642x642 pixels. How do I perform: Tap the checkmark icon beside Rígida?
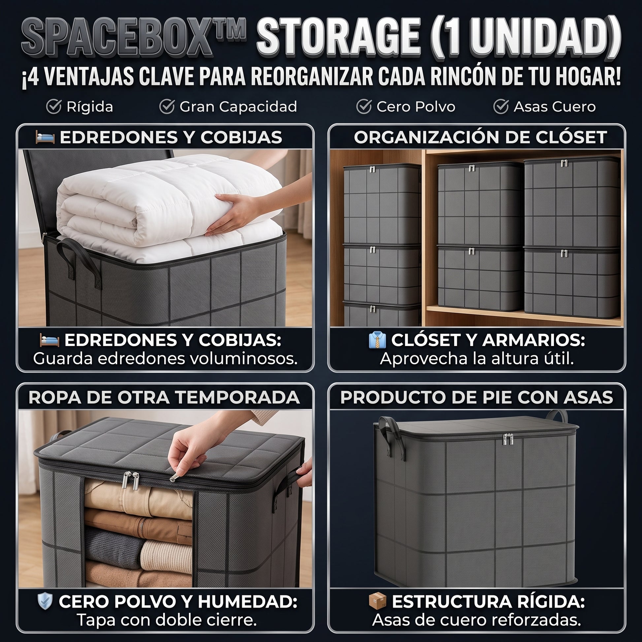click(x=53, y=107)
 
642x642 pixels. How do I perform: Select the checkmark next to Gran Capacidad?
click(x=167, y=107)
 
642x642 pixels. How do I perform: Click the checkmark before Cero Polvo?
click(x=364, y=107)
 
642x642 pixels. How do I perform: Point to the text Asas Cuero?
click(x=555, y=107)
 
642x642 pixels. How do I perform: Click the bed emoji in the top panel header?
click(x=45, y=137)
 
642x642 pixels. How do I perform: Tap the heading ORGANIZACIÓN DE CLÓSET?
click(x=480, y=137)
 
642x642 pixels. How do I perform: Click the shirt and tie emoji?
click(x=377, y=340)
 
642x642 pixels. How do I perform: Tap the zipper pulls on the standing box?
click(x=508, y=440)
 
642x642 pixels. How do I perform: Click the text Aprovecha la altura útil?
click(x=477, y=359)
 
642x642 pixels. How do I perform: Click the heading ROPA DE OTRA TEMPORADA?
click(x=165, y=398)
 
